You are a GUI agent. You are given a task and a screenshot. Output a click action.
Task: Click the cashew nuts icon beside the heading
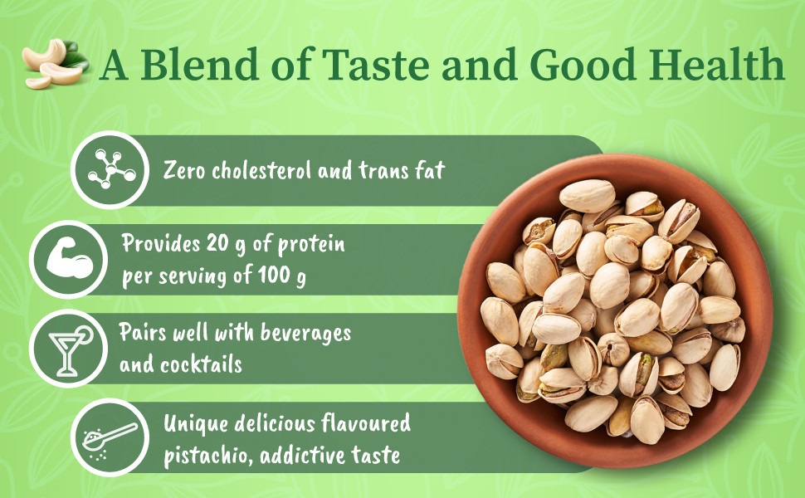click(x=55, y=65)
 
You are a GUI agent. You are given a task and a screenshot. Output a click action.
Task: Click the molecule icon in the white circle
click(x=109, y=169)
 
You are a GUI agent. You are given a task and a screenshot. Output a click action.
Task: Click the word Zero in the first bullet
click(x=183, y=171)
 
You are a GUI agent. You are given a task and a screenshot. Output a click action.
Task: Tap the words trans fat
click(x=406, y=171)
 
